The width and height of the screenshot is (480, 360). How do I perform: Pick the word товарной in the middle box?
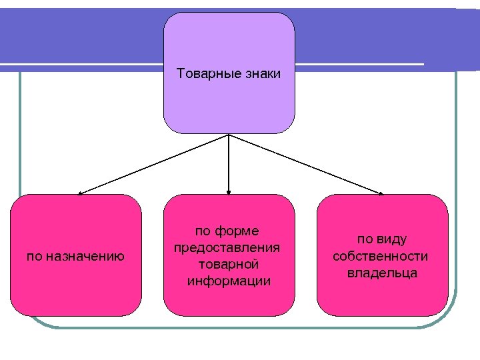(228, 264)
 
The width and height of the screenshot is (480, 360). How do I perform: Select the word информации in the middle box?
(229, 281)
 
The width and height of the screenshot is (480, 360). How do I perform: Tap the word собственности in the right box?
(380, 256)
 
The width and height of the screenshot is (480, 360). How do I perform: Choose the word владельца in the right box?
(382, 273)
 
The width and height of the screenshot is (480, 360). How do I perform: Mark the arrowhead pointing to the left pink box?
(79, 193)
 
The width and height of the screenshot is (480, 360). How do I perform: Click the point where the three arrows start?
(229, 135)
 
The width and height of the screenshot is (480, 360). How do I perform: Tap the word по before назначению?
(33, 255)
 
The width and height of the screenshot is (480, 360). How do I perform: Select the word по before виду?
(365, 239)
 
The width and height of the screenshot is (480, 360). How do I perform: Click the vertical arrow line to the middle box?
(229, 163)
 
